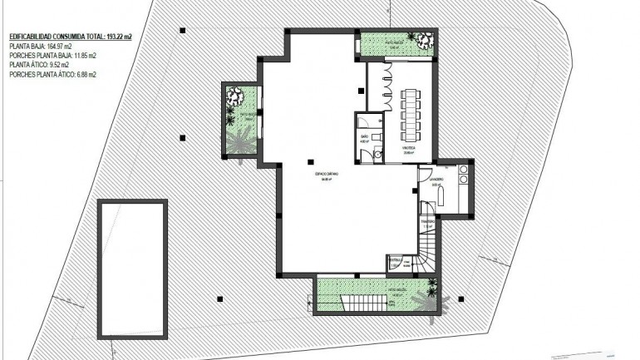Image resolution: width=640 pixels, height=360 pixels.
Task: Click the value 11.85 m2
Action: pyautogui.click(x=81, y=56)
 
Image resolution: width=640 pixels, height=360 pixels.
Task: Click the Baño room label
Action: pyautogui.click(x=364, y=138)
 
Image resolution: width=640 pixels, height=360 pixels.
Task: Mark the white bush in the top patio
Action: pyautogui.click(x=425, y=39)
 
